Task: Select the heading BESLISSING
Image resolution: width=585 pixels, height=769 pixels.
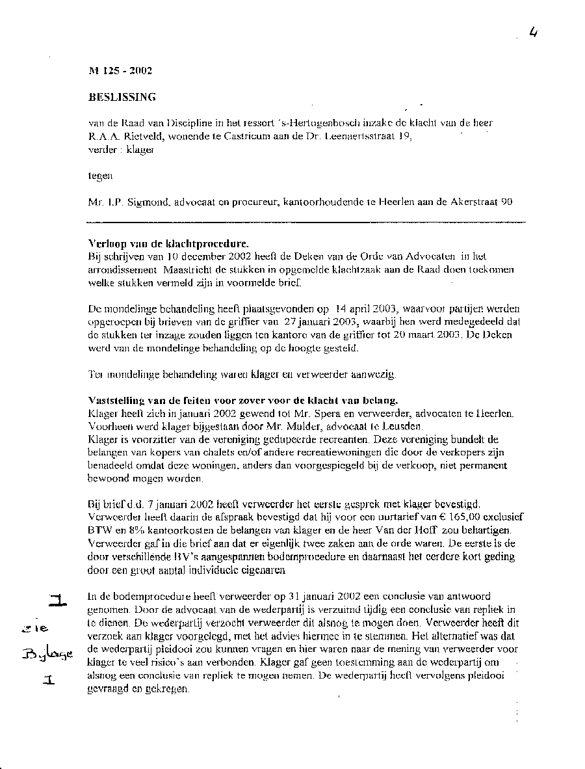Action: (x=122, y=98)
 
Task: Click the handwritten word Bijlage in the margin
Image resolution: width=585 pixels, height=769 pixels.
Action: (x=49, y=654)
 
